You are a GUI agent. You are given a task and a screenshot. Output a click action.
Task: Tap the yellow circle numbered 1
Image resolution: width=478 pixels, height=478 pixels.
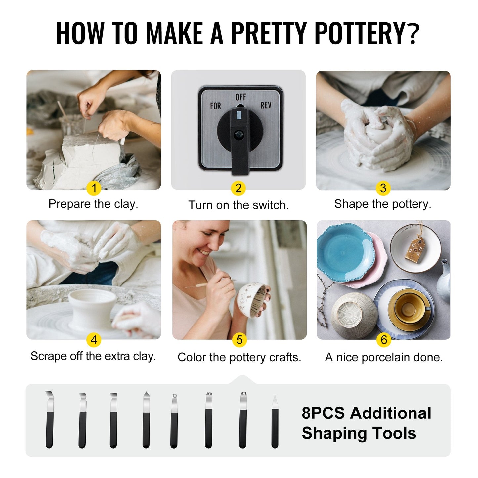pos(94,188)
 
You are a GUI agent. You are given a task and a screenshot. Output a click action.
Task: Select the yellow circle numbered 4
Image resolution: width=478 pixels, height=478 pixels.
pos(94,340)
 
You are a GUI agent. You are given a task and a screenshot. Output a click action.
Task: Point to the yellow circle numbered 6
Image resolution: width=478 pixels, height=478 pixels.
pos(384,340)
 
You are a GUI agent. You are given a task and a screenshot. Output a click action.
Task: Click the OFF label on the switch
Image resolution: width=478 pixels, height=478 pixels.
pos(240,97)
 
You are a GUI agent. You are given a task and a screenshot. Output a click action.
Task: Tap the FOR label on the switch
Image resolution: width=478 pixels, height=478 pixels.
pos(215,106)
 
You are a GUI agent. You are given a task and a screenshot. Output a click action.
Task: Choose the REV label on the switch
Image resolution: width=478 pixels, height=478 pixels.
pos(266,105)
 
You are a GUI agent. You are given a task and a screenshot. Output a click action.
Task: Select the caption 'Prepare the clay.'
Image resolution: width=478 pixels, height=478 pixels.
pos(93,204)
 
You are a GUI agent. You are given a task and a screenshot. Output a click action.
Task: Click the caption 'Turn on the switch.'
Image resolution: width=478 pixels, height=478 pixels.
pos(239,205)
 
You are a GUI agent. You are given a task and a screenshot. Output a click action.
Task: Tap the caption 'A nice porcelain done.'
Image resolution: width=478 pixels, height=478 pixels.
pos(384,357)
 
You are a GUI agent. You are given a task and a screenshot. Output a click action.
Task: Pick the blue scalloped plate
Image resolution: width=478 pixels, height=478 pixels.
pos(344,253)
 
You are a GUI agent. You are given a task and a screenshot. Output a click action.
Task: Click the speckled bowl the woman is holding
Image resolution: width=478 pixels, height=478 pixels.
pos(252,299)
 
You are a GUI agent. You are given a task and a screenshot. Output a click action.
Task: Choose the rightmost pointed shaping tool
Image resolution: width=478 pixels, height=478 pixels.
pos(275,422)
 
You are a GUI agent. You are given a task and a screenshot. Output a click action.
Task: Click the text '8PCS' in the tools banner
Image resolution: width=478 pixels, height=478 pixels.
pos(323,413)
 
